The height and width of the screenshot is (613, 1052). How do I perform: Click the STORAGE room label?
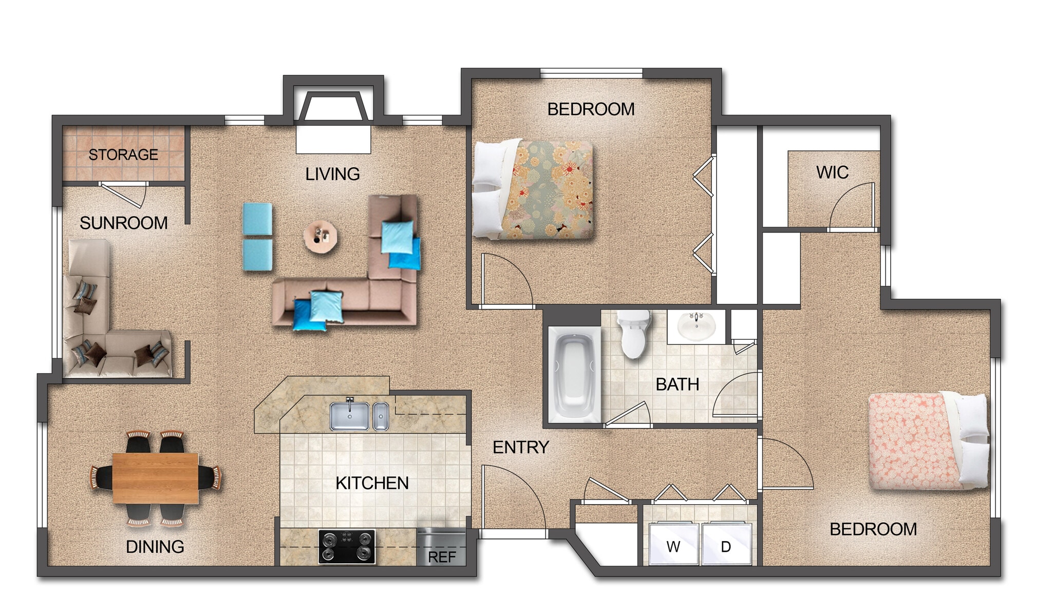coord(123,155)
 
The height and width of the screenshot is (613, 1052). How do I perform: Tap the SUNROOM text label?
coord(124,223)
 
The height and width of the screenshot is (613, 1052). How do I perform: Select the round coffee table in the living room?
coord(321,237)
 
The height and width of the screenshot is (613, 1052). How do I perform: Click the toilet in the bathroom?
coord(634,334)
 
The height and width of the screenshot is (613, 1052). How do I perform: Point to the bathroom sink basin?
coord(696,327)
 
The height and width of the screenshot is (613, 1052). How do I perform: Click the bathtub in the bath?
coord(574,374)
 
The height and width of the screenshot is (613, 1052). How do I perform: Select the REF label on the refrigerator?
coord(442,557)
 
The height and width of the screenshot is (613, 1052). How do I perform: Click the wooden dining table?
coord(155,478)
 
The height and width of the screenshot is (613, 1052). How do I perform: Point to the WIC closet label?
coord(832,173)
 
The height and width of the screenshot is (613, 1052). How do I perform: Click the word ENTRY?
coord(521,447)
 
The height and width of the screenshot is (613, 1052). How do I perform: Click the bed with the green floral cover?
coord(534,189)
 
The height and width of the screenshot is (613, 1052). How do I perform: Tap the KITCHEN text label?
coord(372,483)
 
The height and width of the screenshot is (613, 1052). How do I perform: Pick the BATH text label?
coord(677,385)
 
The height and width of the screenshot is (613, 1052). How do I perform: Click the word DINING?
coord(155,547)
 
